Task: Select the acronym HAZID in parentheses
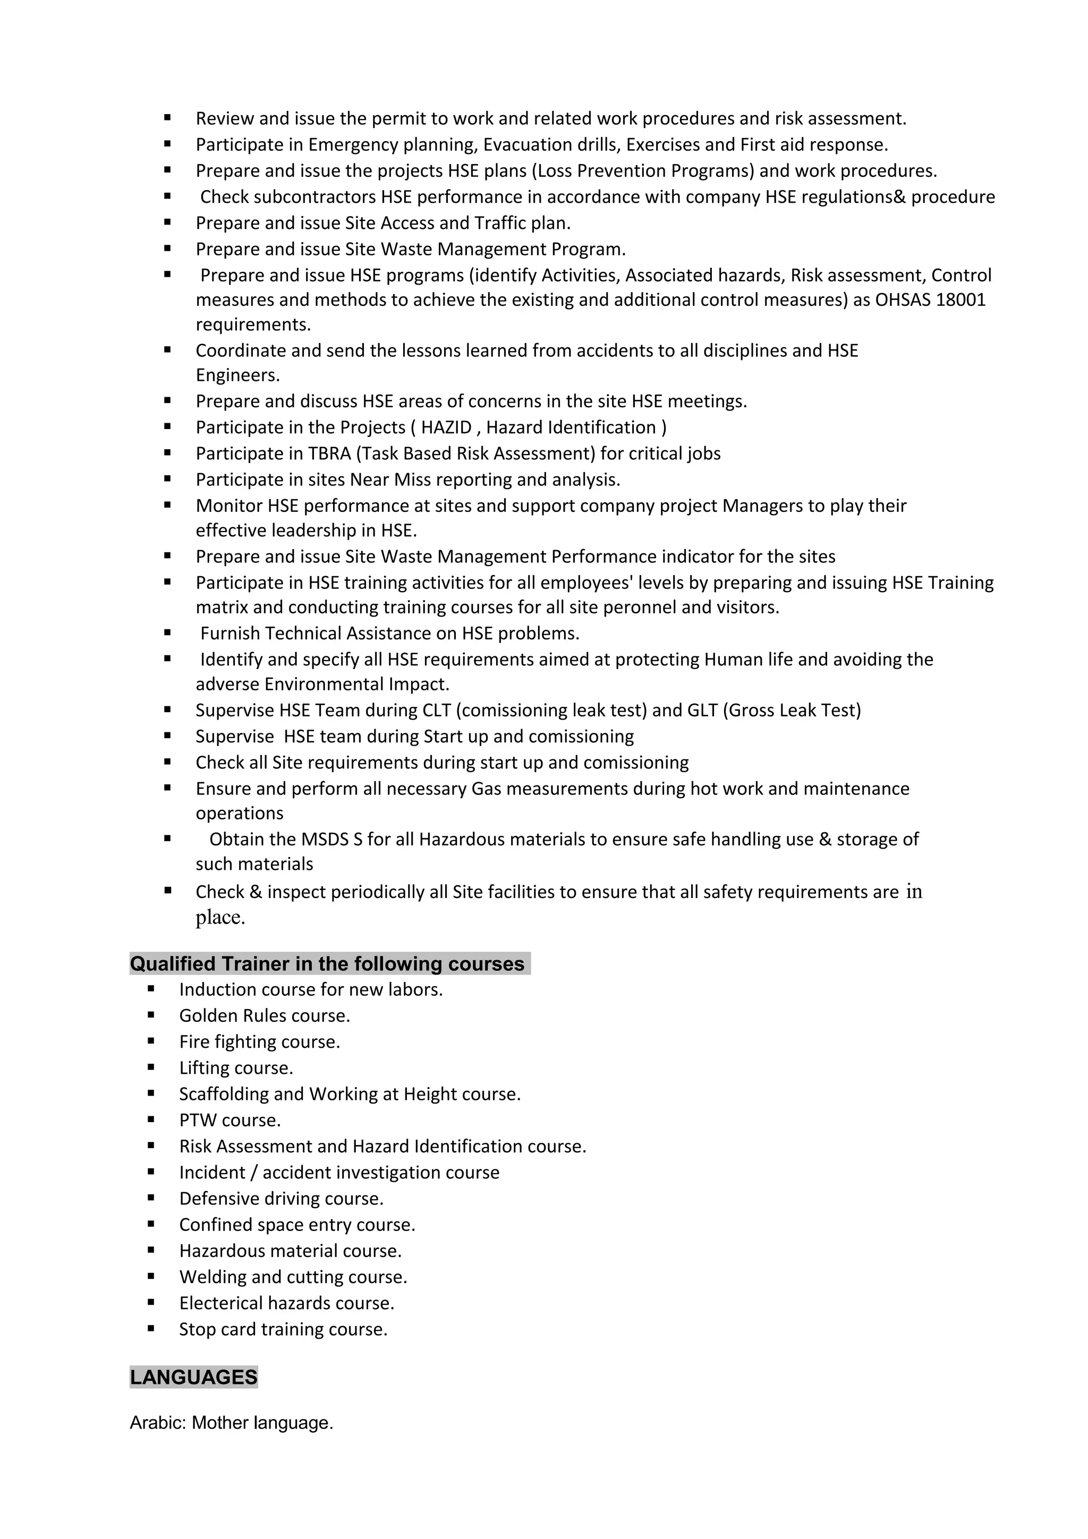coord(446,427)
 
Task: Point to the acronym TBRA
coord(329,454)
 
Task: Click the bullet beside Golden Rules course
coord(151,1015)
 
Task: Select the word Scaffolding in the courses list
coord(223,1094)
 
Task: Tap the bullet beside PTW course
coord(151,1119)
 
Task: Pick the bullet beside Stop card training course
coord(151,1329)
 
